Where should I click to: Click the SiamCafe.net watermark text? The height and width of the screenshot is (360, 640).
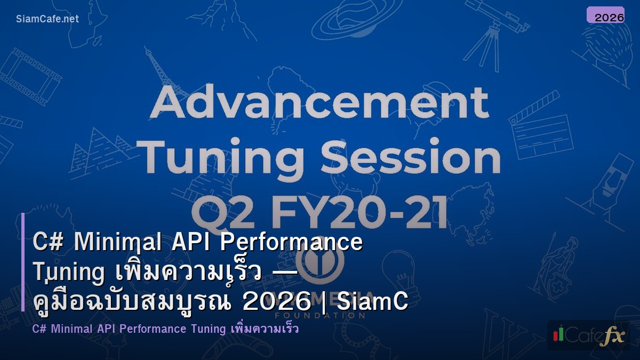click(x=47, y=19)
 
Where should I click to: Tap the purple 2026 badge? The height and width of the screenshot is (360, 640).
click(x=605, y=15)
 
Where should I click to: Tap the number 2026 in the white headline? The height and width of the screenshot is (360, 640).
click(x=276, y=302)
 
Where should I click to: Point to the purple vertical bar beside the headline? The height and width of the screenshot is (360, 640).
click(x=23, y=261)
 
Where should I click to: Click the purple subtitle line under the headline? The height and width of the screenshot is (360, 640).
click(x=165, y=329)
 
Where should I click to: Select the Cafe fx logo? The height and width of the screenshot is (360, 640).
click(x=588, y=335)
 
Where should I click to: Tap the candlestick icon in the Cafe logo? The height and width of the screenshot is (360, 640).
click(x=558, y=334)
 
